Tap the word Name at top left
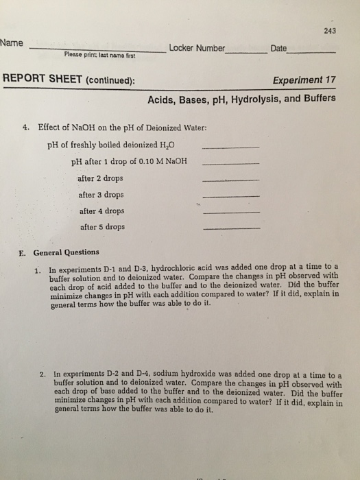[x=13, y=43]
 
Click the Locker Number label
[x=197, y=48]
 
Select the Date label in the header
[x=279, y=48]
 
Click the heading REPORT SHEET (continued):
[x=70, y=80]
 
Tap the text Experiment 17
[x=304, y=80]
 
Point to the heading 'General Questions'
[x=66, y=252]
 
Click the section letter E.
[x=22, y=252]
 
